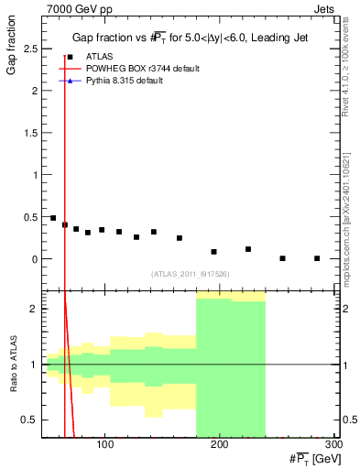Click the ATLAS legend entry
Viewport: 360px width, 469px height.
coord(99,57)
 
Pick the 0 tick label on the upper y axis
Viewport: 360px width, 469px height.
coord(35,259)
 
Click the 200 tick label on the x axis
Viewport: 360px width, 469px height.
coord(219,445)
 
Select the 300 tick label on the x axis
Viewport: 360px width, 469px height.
coord(333,445)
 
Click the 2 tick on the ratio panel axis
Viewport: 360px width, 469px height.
coord(35,309)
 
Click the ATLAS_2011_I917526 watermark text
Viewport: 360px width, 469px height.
coord(190,274)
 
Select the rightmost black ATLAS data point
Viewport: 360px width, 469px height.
coord(317,258)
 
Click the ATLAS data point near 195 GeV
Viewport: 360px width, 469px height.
coord(213,252)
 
